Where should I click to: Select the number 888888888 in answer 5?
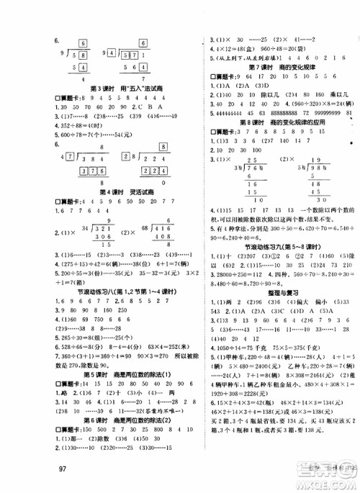point(268,114)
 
